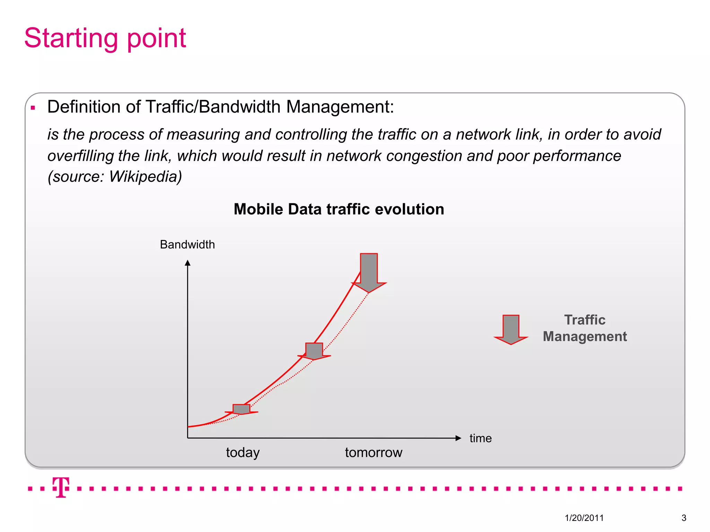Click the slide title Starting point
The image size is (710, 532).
tap(105, 38)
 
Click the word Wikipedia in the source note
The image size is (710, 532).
tap(143, 177)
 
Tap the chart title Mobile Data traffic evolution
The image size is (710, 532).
tap(339, 209)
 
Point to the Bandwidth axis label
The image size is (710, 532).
tap(187, 245)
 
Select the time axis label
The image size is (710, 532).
tap(480, 438)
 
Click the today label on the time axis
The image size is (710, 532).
tap(243, 452)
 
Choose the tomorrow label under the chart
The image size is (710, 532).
tap(373, 452)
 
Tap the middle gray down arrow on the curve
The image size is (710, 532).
tap(314, 351)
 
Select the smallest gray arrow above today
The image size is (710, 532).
tap(241, 409)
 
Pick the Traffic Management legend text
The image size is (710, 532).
tap(585, 328)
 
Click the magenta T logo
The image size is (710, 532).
tap(61, 487)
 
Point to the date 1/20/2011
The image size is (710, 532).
tap(584, 518)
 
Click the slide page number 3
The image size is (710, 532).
tap(684, 518)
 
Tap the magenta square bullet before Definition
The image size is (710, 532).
tap(33, 108)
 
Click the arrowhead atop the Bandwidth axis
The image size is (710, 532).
tap(188, 263)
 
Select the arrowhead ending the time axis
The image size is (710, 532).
tap(458, 438)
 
